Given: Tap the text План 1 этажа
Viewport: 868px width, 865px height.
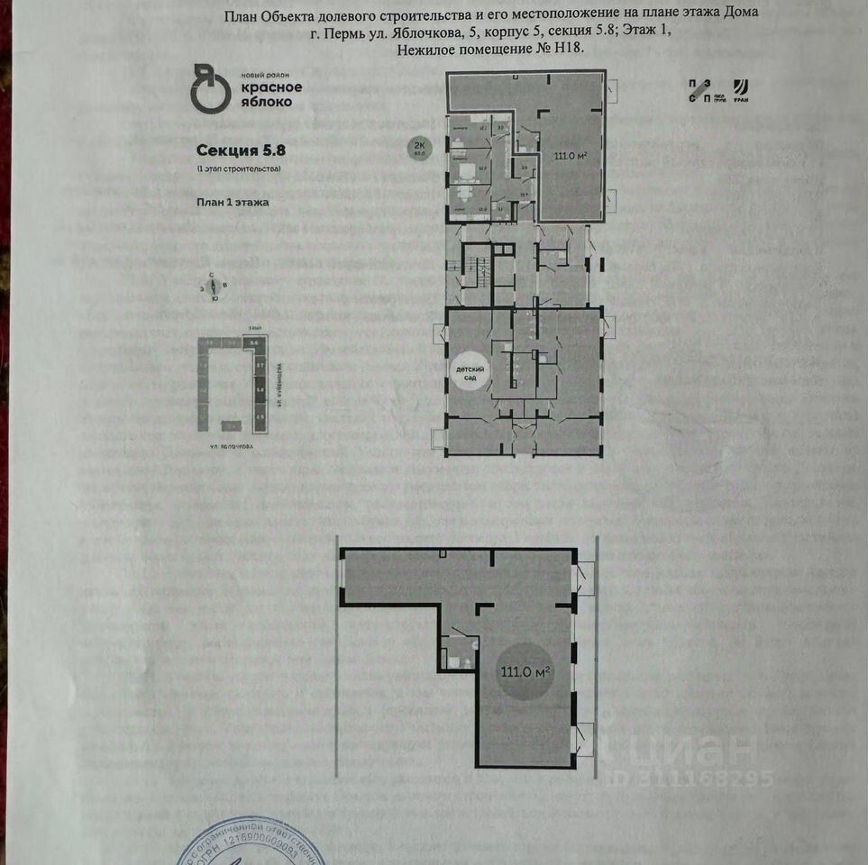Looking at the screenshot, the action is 233,203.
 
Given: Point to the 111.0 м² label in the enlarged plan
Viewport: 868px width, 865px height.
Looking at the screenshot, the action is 525,671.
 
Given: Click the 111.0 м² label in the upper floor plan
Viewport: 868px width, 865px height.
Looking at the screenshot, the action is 569,155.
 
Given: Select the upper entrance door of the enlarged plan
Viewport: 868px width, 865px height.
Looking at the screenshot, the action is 584,573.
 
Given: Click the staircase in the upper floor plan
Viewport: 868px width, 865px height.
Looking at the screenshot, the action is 476,269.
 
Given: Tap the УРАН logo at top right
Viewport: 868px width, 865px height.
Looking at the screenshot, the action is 741,90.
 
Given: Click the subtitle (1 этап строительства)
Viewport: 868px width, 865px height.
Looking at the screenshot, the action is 239,169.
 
